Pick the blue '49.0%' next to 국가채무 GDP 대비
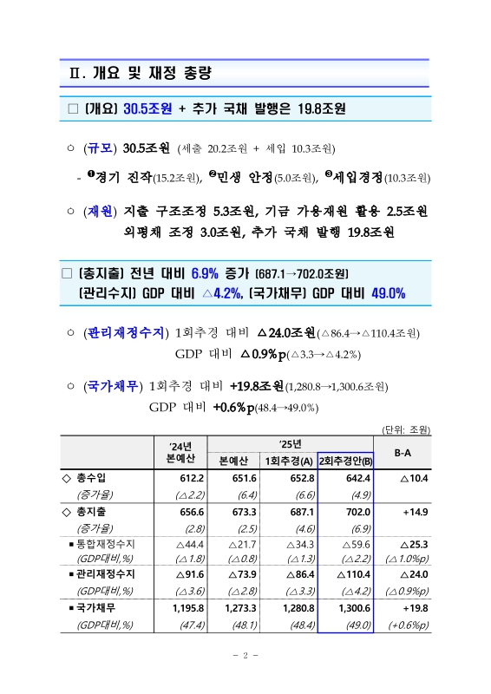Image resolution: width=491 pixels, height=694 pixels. click(387, 293)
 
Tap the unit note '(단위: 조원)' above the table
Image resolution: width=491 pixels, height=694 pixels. click(406, 429)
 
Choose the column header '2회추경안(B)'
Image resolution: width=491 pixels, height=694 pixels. click(345, 460)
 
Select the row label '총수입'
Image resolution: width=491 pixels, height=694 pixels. click(97, 478)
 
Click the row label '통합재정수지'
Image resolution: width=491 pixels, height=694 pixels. click(114, 543)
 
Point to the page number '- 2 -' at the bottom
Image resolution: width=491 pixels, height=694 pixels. click(245, 655)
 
